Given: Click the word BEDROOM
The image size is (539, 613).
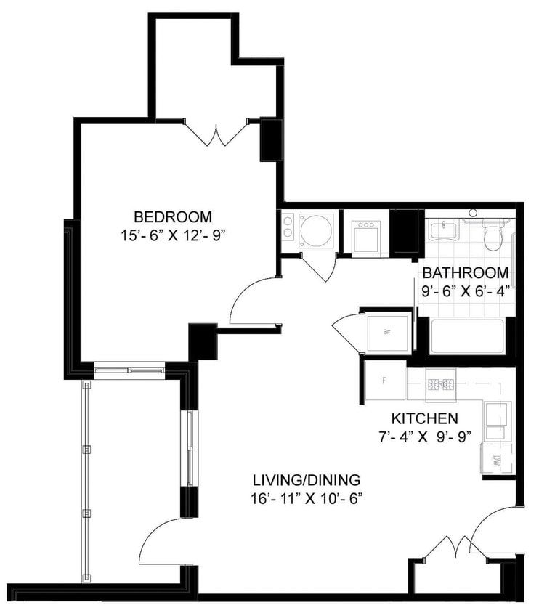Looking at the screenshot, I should click(x=173, y=216).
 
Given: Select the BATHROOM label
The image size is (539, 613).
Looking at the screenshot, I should click(x=466, y=273).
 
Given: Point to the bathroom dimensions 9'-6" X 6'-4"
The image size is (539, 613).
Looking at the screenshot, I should click(x=466, y=291).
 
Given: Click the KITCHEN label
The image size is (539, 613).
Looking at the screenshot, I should click(x=424, y=418).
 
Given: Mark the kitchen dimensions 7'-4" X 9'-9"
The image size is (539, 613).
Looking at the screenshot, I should click(x=424, y=437).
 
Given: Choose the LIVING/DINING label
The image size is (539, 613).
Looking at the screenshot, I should click(x=307, y=480).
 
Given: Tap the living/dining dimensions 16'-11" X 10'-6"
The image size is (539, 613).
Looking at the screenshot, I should click(x=307, y=498).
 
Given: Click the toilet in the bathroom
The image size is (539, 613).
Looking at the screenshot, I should click(x=494, y=235).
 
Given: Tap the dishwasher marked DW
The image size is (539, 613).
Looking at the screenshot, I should click(x=498, y=458).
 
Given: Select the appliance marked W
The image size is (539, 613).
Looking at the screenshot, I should click(x=386, y=333).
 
